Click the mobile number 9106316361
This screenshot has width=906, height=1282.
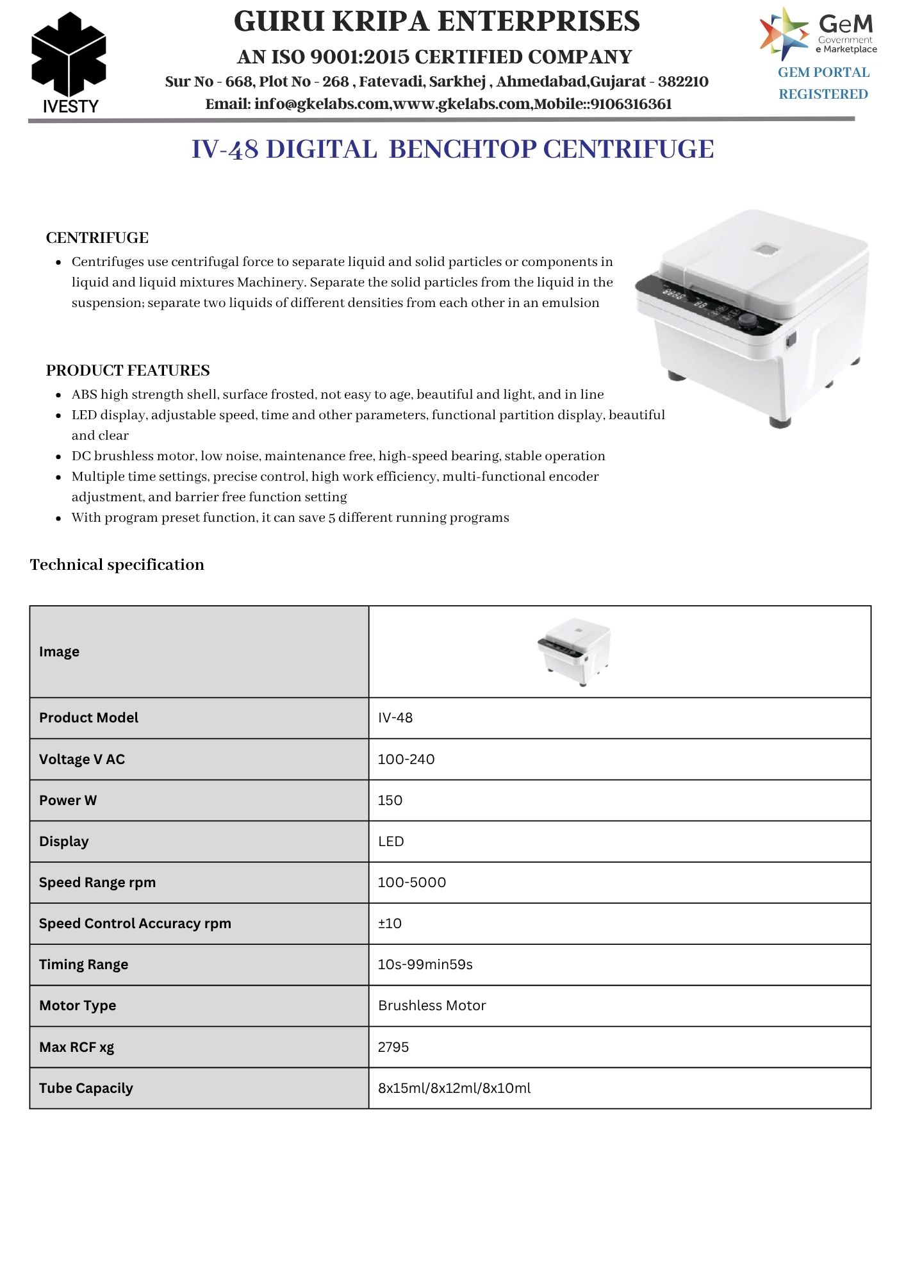click(631, 104)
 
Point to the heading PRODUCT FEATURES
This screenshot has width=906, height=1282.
click(128, 370)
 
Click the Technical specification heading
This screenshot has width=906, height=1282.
click(117, 565)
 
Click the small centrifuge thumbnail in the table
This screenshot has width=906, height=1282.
click(574, 652)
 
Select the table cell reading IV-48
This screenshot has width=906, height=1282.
click(395, 718)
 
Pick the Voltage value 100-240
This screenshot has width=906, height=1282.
click(406, 760)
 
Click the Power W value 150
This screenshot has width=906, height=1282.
click(390, 801)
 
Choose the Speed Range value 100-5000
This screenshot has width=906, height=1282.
click(412, 883)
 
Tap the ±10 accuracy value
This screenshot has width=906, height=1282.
click(390, 924)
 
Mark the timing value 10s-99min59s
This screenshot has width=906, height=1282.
click(425, 965)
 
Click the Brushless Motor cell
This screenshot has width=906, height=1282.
click(432, 1006)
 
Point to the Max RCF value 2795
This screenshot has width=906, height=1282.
click(393, 1047)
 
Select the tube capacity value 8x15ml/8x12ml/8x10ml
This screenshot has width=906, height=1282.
click(454, 1088)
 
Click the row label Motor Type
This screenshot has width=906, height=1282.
click(78, 1006)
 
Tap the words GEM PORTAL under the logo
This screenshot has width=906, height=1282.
click(823, 72)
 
